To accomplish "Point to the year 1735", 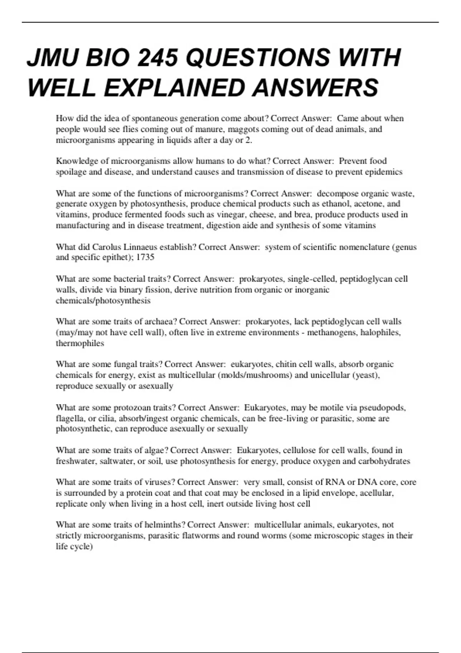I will [x=145, y=257].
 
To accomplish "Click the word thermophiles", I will [x=80, y=343].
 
